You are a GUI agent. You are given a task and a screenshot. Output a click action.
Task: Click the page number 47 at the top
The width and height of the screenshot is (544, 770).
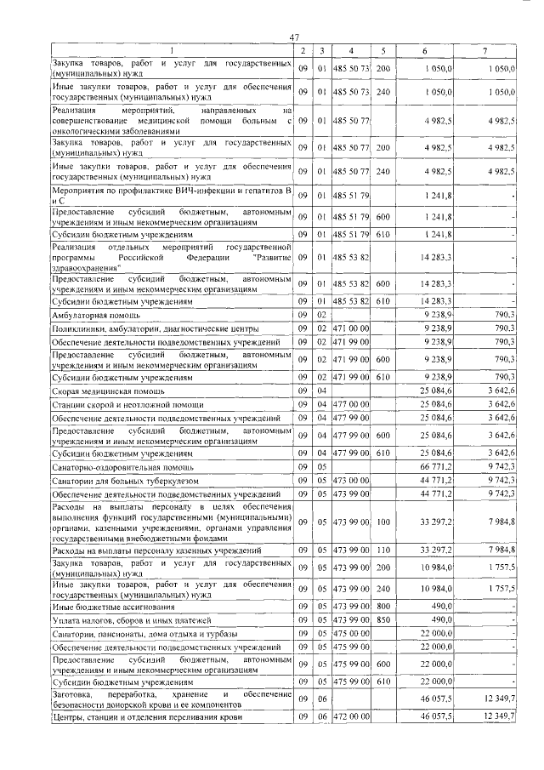click(295, 37)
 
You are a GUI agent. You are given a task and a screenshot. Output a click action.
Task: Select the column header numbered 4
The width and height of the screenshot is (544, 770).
click(351, 51)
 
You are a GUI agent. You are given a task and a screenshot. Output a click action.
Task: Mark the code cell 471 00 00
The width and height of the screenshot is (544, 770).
click(351, 328)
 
